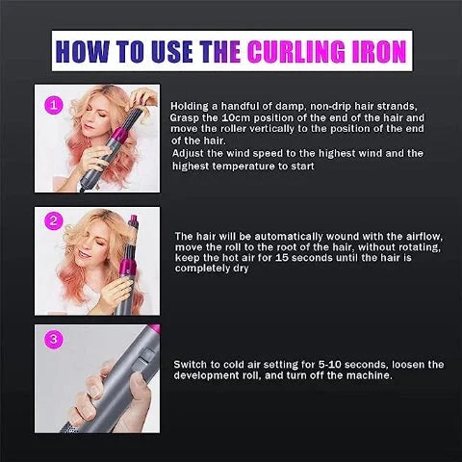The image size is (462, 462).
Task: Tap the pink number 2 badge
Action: (54, 221)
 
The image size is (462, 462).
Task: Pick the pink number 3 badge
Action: (54, 340)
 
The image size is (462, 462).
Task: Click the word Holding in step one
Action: (191, 106)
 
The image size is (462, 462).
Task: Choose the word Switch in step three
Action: (192, 364)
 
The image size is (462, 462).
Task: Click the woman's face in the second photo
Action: (82, 252)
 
